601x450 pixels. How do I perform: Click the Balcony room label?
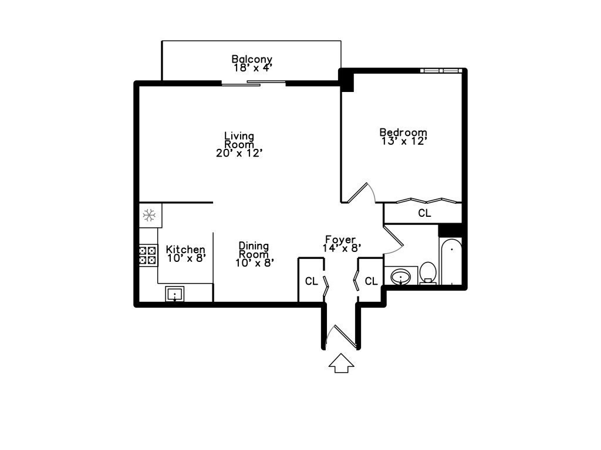point(251,59)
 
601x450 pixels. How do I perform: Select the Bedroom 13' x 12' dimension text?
point(403,141)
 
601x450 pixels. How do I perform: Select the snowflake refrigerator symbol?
point(149,216)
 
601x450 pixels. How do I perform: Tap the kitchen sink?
point(174,294)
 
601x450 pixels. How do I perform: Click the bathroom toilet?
point(428,272)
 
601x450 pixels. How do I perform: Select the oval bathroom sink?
point(400,276)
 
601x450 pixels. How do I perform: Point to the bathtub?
point(451,262)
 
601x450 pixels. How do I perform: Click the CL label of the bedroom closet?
point(424,213)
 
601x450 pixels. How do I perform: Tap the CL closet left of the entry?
point(311,281)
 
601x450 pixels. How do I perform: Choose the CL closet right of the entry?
point(371,281)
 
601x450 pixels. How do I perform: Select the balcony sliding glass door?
point(254,83)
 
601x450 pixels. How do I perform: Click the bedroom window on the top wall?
point(440,70)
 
